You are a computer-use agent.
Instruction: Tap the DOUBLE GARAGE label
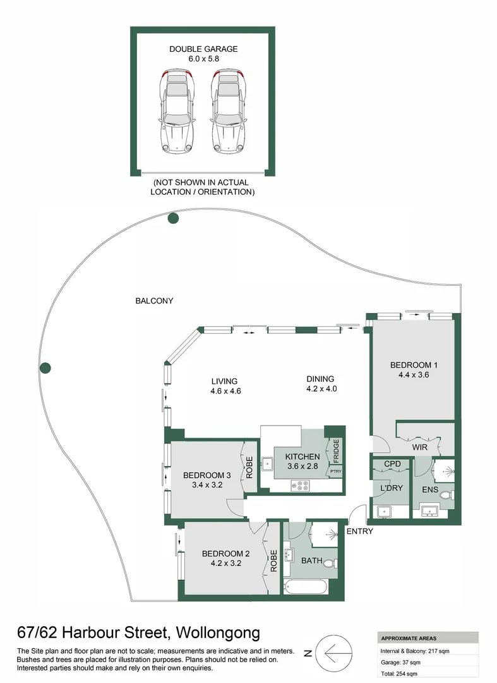coord(203,49)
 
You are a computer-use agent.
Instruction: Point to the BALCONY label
coord(154,301)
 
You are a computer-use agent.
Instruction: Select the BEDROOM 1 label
coord(414,365)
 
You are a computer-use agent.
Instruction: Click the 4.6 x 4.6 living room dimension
coord(225,391)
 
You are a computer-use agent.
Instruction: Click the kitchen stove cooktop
coord(299,486)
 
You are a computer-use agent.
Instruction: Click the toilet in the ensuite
coord(446,495)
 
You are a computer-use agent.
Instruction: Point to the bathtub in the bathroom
coord(306,588)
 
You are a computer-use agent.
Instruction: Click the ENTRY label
coord(359,531)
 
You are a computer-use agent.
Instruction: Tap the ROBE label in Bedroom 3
coord(249,466)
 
